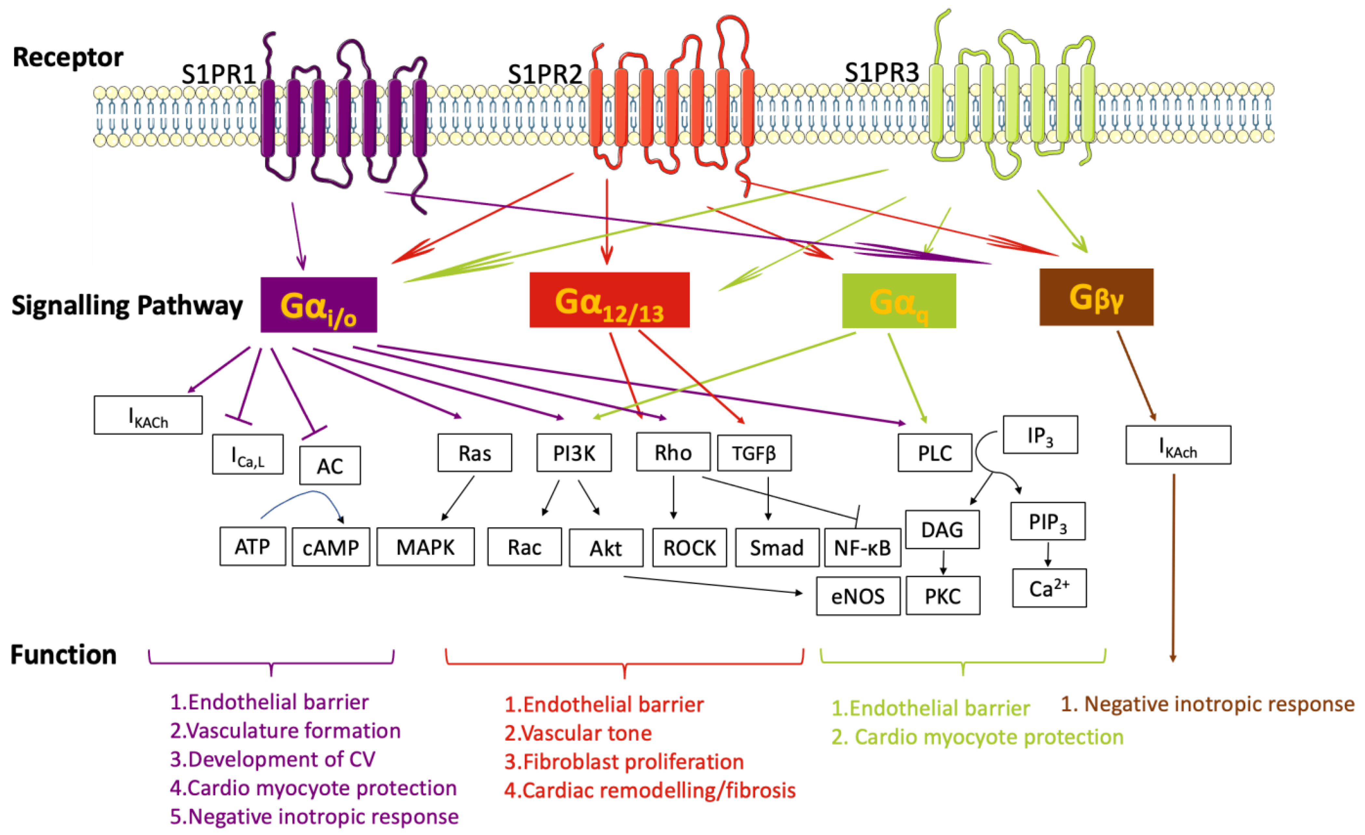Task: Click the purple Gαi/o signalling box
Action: pyautogui.click(x=318, y=305)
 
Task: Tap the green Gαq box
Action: pyautogui.click(x=899, y=301)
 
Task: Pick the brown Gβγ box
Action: pyautogui.click(x=1096, y=297)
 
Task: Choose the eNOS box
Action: pyautogui.click(x=858, y=596)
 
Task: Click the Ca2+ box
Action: pyautogui.click(x=1049, y=588)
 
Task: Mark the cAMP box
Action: pyautogui.click(x=331, y=547)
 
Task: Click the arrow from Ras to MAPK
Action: pyautogui.click(x=458, y=498)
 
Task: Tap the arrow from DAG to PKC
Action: pyautogui.click(x=943, y=563)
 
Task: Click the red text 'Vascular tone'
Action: pyautogui.click(x=578, y=733)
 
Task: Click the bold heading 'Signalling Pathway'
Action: pyautogui.click(x=127, y=306)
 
